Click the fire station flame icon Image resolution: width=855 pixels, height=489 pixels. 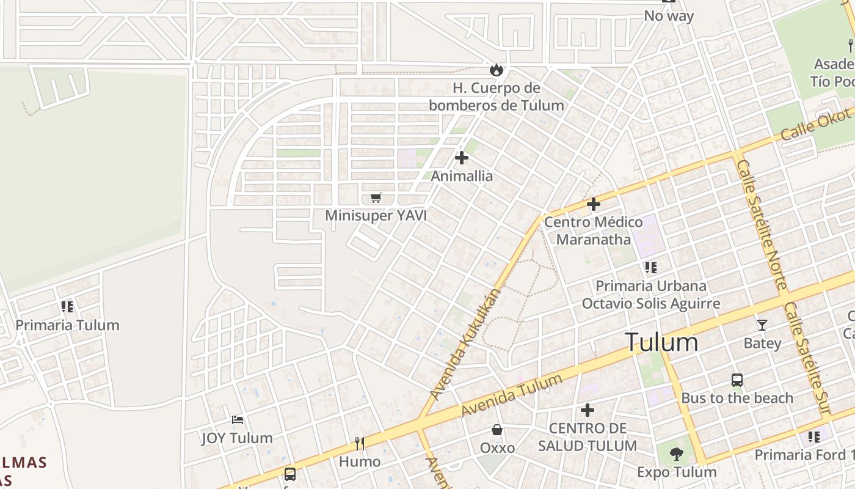click(496, 70)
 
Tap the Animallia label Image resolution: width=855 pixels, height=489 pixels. click(462, 176)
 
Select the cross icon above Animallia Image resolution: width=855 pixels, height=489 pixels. click(462, 158)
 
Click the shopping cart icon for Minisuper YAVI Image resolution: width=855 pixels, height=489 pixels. click(376, 197)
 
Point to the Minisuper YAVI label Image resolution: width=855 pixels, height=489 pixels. click(376, 215)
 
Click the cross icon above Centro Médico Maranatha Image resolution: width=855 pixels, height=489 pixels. click(593, 204)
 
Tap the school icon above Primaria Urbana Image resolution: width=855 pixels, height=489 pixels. click(650, 268)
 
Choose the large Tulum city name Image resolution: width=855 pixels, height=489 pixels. click(661, 342)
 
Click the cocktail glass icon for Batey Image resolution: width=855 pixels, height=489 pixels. click(762, 325)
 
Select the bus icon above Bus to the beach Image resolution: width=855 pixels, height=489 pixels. click(737, 380)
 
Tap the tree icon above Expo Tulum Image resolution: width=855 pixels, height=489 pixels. click(676, 454)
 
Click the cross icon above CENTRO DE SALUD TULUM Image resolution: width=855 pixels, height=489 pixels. click(587, 410)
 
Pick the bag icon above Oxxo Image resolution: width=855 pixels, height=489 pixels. click(497, 430)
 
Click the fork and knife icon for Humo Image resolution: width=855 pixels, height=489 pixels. click(360, 443)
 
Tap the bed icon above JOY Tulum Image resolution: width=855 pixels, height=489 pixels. click(238, 420)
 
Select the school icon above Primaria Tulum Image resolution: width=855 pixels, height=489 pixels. click(67, 306)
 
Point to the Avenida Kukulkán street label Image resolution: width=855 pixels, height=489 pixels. click(465, 345)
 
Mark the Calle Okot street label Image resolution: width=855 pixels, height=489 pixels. click(816, 123)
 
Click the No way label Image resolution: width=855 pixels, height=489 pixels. click(669, 16)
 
